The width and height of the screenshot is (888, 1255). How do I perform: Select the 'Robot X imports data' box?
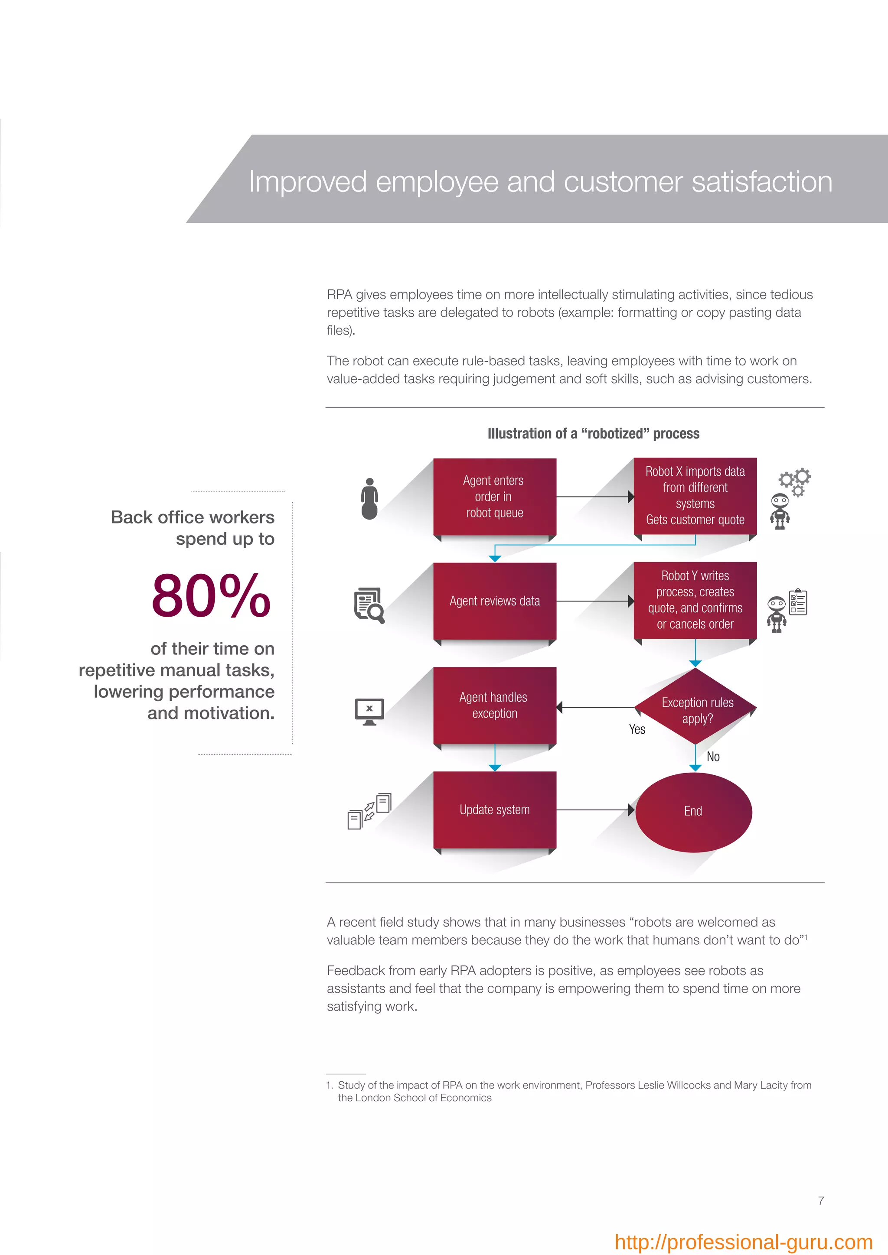(695, 495)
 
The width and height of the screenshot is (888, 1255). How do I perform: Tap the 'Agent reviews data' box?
(494, 601)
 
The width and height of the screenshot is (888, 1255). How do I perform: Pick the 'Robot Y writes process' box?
(695, 600)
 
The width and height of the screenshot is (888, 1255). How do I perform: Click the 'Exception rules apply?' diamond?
(695, 707)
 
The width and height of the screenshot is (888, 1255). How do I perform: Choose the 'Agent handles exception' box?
(494, 705)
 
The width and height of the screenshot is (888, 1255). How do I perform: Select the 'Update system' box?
(494, 810)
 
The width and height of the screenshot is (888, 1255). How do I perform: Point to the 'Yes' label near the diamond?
(637, 730)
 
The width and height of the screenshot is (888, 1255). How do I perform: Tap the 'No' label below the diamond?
(713, 757)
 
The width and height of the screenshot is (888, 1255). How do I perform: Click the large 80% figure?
(211, 596)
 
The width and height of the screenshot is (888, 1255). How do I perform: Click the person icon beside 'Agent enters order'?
(369, 498)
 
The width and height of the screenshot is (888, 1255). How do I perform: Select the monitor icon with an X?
(369, 712)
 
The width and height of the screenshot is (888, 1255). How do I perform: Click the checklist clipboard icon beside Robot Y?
(798, 602)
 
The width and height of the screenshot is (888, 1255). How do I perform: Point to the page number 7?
(821, 1200)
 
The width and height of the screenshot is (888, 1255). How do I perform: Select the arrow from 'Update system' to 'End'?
(595, 810)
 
